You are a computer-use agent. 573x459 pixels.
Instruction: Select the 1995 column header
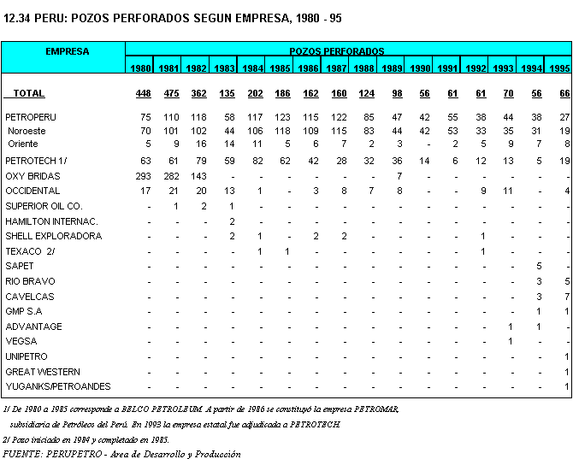(558, 68)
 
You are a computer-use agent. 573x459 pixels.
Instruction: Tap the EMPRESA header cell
(67, 51)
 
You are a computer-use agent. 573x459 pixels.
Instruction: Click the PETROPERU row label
(31, 115)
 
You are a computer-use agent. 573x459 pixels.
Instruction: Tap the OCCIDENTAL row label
(32, 191)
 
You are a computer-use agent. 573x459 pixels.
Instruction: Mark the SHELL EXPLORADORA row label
(53, 236)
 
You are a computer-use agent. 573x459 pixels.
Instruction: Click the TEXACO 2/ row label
(30, 251)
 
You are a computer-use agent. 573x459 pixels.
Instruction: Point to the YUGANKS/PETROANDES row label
(58, 386)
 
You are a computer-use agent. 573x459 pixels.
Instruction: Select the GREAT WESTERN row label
(43, 372)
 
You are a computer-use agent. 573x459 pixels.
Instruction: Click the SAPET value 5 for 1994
(539, 266)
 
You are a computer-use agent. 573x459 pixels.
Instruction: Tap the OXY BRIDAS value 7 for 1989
(399, 175)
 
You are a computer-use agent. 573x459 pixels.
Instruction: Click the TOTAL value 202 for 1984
(254, 93)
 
